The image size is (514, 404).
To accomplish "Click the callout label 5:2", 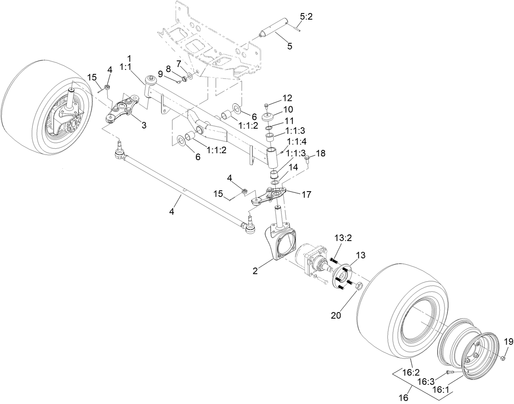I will pos(306,17).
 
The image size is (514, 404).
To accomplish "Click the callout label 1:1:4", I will pos(296,141).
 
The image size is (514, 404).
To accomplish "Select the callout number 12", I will pos(287,98).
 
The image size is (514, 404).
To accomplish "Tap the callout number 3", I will pos(144,125).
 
